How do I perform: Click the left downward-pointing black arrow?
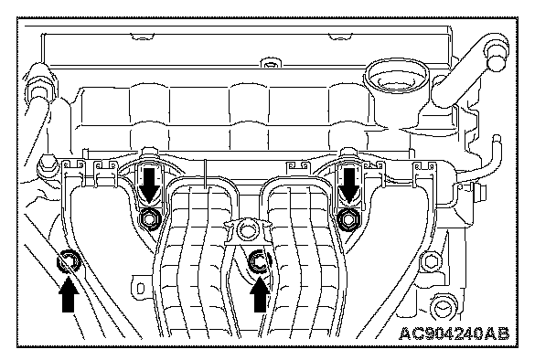[148, 185]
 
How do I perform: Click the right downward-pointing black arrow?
[349, 185]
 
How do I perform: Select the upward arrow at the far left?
[69, 295]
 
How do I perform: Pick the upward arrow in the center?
[260, 295]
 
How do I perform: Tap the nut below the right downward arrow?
[347, 220]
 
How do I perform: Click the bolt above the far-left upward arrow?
[68, 262]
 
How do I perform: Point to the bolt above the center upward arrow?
[259, 262]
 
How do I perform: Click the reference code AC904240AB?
[454, 334]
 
